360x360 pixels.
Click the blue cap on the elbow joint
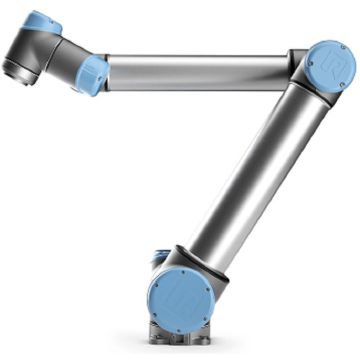[x=331, y=67]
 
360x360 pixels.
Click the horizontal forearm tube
[x=200, y=72]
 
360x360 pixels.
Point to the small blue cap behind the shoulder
[x=160, y=262]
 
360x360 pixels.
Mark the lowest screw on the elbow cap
[x=330, y=89]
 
